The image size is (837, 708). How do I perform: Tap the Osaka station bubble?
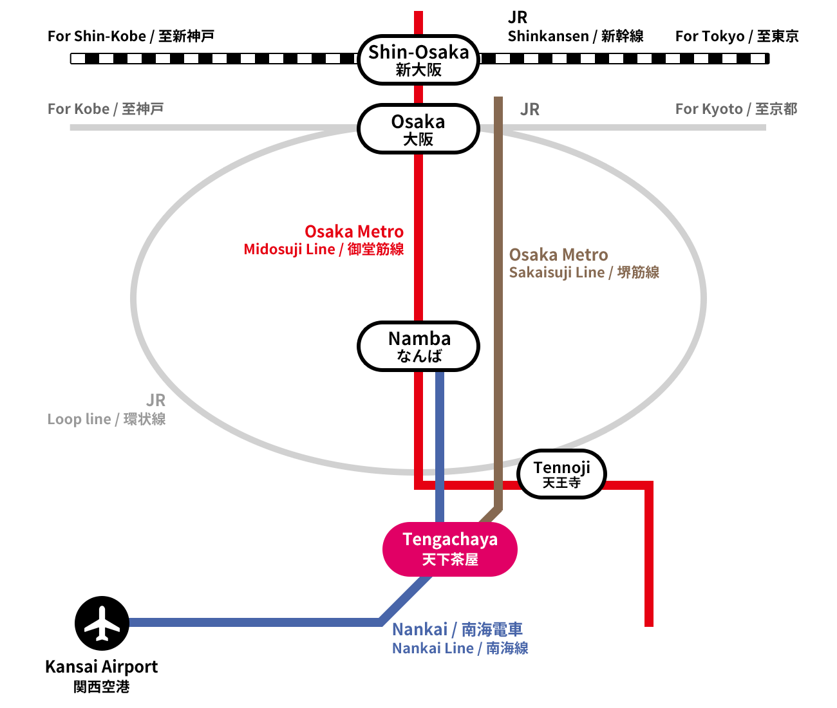[x=418, y=129]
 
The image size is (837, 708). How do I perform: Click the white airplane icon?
[x=102, y=623]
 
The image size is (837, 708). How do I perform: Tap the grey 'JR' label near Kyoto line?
[x=529, y=109]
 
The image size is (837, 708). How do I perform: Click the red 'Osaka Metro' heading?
[x=354, y=232]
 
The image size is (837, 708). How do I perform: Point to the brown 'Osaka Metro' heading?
[x=558, y=255]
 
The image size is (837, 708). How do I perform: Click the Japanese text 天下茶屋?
[x=450, y=559]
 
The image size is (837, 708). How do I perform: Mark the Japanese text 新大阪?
[x=418, y=70]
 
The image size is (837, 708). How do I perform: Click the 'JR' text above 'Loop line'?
[x=156, y=400]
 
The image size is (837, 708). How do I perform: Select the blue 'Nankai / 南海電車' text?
[x=457, y=629]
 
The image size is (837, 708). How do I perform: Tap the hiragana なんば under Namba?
[x=419, y=356]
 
